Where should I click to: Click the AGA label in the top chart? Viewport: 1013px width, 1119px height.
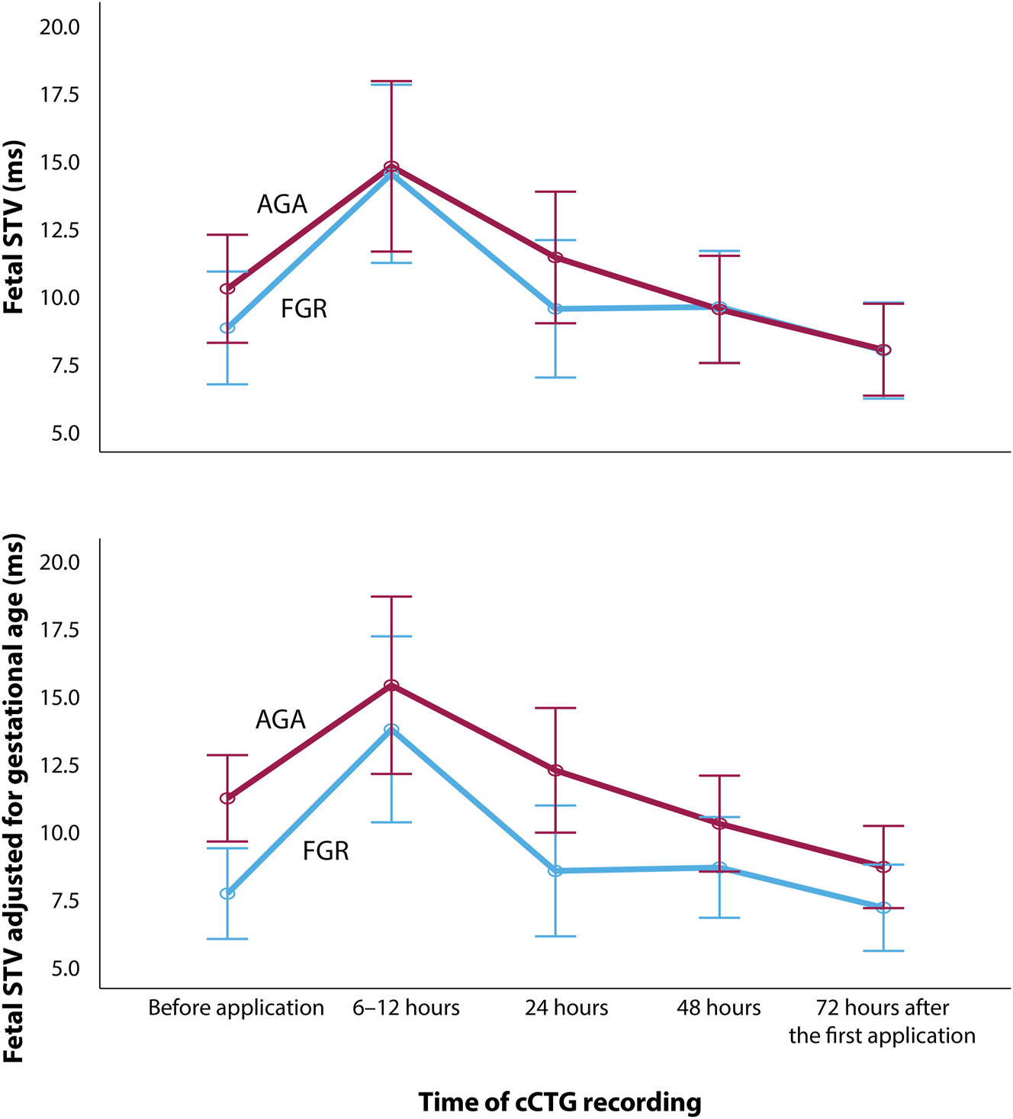[282, 204]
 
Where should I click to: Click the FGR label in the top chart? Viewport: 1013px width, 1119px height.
[304, 309]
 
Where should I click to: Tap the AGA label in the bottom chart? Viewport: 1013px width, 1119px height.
[281, 720]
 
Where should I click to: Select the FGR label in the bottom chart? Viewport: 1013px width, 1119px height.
[326, 851]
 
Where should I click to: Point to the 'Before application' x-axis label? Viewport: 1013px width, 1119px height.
[236, 1008]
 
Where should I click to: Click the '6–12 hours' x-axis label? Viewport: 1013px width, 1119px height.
[406, 1008]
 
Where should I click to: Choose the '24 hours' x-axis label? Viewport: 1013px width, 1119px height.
[566, 1008]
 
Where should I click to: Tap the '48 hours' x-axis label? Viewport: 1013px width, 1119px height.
[719, 1008]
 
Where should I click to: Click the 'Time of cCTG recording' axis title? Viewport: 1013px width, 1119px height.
[560, 1102]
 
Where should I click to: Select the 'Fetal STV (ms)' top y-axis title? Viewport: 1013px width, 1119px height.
[14, 227]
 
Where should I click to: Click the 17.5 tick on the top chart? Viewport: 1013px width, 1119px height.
[59, 95]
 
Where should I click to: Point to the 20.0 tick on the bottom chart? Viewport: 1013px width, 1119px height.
[59, 562]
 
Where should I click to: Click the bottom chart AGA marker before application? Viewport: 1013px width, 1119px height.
[227, 798]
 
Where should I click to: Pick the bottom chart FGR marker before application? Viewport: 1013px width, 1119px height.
[227, 893]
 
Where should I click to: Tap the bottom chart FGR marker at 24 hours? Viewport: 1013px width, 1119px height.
[555, 870]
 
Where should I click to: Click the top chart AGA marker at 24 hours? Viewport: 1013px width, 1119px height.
[555, 258]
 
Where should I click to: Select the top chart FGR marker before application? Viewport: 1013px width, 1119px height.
[227, 328]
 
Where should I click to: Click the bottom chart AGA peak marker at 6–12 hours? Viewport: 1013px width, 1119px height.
[391, 685]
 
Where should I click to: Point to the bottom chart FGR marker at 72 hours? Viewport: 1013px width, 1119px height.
[883, 908]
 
